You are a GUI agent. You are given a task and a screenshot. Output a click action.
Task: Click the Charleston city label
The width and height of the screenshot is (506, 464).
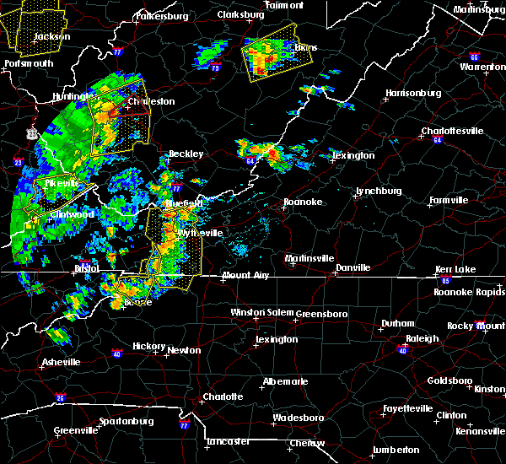coord(151,101)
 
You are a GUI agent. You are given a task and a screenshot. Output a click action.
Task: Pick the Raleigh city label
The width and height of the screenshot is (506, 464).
coord(423,338)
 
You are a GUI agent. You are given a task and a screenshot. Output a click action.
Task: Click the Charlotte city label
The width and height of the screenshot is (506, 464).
coord(222,397)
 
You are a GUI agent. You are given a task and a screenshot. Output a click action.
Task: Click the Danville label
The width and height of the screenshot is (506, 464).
coord(353,267)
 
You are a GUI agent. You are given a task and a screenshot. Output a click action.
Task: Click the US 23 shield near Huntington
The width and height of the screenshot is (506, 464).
coord(32,132)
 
